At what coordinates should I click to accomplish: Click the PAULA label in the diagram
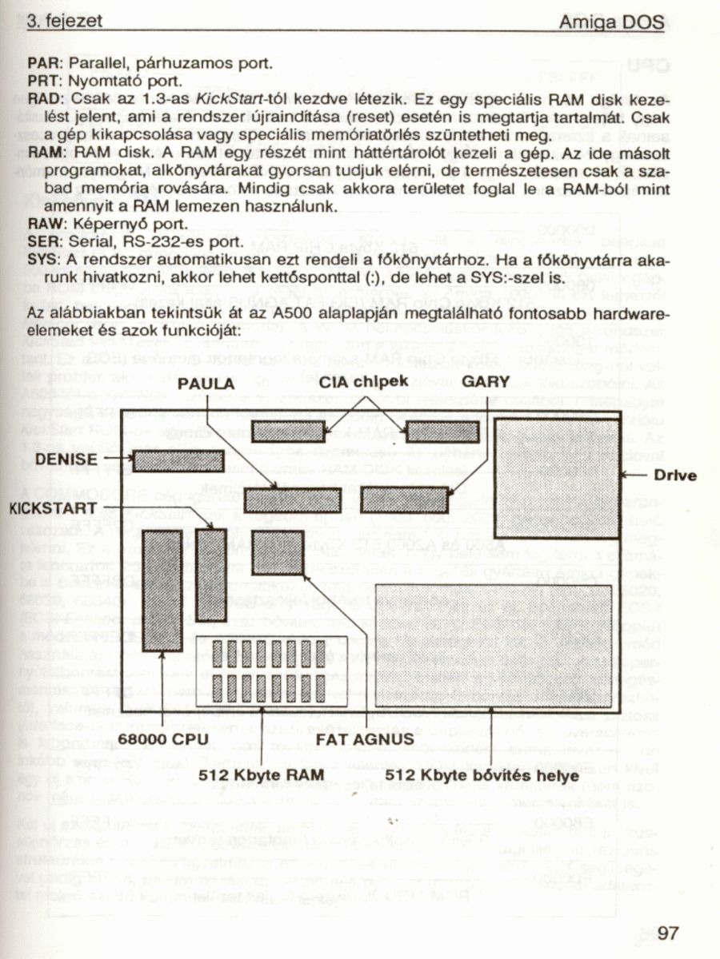point(206,384)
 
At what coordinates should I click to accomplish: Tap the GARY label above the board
point(486,382)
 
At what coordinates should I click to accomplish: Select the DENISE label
point(67,460)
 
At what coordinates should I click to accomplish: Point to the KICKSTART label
point(54,508)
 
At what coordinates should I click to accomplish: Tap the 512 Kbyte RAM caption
point(262,774)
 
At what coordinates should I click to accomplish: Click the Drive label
point(676,476)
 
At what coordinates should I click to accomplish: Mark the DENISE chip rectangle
point(178,461)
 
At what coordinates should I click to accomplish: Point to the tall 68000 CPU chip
point(162,591)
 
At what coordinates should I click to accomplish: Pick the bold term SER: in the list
point(42,241)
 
